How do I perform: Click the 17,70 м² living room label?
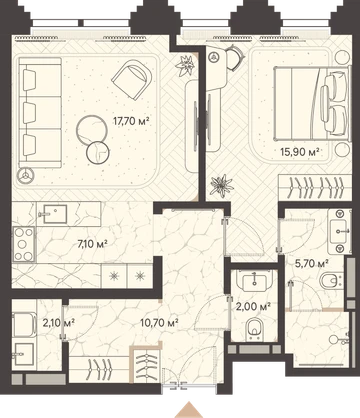point(130,121)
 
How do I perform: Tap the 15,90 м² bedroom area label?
point(300,152)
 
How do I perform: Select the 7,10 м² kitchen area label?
point(92,244)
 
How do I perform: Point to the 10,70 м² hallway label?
point(159,322)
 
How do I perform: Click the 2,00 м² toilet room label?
point(253,306)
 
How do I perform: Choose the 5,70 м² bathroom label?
point(312,264)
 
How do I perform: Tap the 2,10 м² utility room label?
point(58,322)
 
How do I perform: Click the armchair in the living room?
point(132,80)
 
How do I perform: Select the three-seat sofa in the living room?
point(40,112)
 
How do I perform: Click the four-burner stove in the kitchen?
point(24,244)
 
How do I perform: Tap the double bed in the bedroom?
point(312,103)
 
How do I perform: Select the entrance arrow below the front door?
point(189,410)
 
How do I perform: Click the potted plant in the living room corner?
point(184,65)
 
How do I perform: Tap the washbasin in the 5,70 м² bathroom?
point(339,230)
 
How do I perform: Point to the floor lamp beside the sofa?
point(26,176)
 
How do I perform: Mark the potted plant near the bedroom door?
point(221,185)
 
